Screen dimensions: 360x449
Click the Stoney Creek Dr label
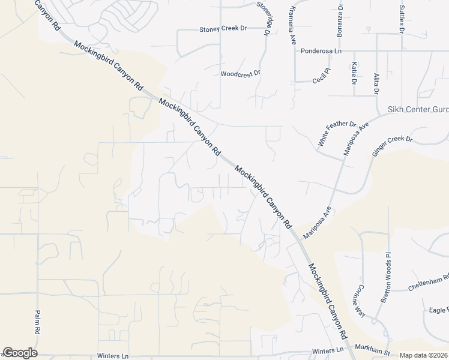(223, 29)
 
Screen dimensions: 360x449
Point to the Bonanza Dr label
(340, 20)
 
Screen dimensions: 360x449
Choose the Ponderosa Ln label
(321, 52)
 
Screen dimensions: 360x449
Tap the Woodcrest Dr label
(240, 74)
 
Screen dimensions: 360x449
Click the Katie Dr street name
(355, 73)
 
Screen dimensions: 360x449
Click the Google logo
(20, 353)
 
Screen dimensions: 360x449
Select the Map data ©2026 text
(423, 355)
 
